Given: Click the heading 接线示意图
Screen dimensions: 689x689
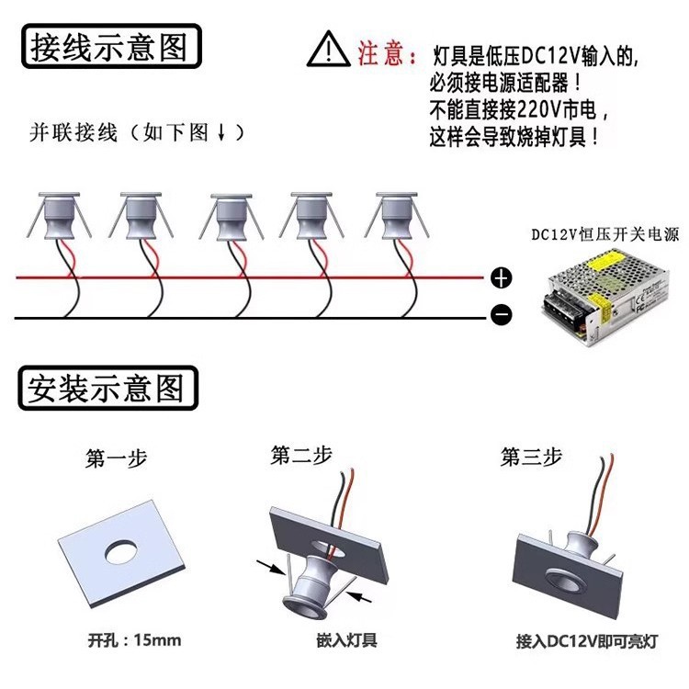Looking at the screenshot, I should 109,46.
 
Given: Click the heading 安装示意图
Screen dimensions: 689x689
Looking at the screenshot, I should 109,390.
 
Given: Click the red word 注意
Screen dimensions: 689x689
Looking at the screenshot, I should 381,52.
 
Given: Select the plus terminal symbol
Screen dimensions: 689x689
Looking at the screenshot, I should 502,277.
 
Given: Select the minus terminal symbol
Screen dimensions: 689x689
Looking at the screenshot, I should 502,316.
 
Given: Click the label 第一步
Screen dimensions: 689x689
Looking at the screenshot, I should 116,458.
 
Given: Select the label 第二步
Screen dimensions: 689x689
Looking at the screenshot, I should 301,455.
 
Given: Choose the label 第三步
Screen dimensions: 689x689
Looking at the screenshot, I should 531,457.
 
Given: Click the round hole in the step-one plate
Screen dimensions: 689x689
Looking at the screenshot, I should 120,551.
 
